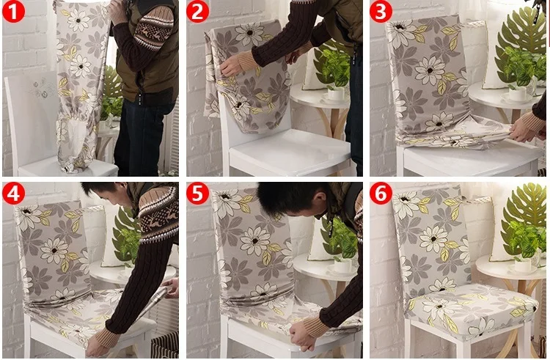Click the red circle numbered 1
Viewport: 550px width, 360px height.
[x=14, y=11]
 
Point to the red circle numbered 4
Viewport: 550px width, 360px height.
[x=14, y=193]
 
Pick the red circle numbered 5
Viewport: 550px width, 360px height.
[x=197, y=193]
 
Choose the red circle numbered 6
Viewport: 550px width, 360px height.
[x=381, y=193]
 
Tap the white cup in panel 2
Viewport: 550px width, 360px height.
[x=336, y=94]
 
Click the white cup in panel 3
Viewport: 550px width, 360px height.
[x=518, y=94]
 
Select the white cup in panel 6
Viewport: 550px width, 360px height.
[x=524, y=265]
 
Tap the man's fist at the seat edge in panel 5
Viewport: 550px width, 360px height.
[x=301, y=336]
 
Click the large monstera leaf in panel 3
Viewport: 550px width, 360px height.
[x=520, y=39]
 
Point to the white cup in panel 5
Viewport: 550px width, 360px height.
[x=344, y=265]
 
